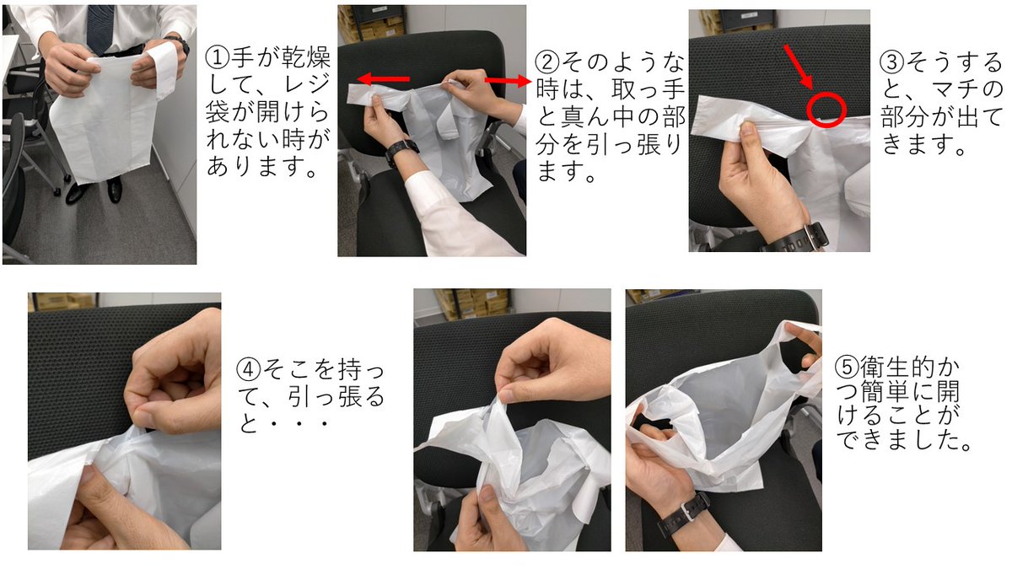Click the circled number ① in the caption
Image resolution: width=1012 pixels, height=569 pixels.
[218, 58]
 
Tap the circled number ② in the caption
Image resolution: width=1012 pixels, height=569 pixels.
[547, 62]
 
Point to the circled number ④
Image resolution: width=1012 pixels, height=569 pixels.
[249, 369]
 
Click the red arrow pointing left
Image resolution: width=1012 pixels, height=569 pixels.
[383, 79]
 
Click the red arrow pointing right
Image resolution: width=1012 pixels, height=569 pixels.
[508, 81]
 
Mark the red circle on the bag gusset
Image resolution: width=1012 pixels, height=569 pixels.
[826, 110]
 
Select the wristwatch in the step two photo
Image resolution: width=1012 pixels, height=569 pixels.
[401, 150]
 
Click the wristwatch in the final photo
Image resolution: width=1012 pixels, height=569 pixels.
[683, 514]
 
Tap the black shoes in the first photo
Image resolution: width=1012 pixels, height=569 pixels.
[94, 190]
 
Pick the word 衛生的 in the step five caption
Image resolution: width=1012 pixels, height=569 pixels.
[896, 367]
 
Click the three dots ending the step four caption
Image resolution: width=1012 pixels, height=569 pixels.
[299, 423]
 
